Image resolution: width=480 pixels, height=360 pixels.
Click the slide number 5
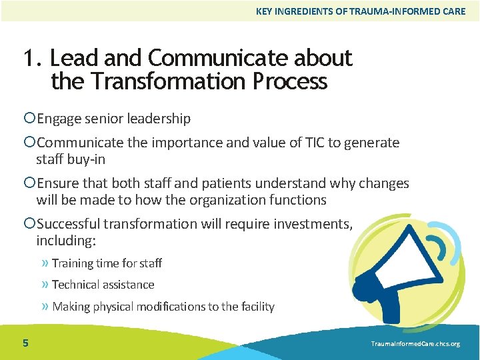tap(25, 343)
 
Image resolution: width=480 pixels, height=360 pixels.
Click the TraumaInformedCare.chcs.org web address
tap(416, 343)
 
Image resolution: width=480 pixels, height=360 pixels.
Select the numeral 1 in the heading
tap(29, 59)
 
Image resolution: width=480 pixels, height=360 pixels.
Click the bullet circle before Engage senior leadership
tap(29, 119)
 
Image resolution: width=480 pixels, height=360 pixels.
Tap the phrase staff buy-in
tap(71, 159)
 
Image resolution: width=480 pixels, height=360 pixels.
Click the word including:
tap(66, 241)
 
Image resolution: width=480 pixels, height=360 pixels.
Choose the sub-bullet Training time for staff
tap(107, 263)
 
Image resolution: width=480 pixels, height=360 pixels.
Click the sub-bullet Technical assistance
tap(103, 285)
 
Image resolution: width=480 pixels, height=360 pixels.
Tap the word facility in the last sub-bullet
tap(257, 307)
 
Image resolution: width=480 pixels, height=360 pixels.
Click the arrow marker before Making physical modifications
tap(45, 307)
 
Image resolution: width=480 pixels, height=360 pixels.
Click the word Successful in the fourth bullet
tap(70, 224)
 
